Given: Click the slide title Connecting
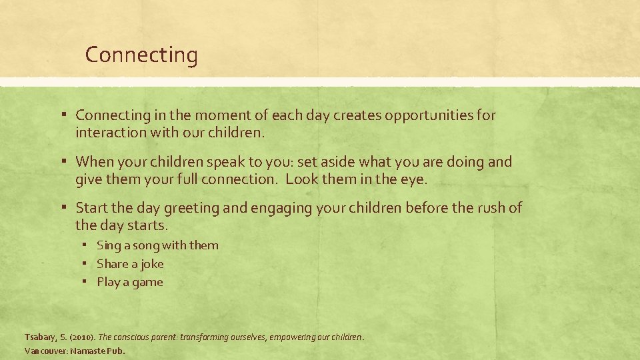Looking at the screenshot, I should coord(141,55).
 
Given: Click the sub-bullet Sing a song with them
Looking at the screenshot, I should coord(157,245).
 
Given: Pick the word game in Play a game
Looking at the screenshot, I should coord(147,282).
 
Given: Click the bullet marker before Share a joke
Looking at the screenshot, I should coord(86,264).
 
